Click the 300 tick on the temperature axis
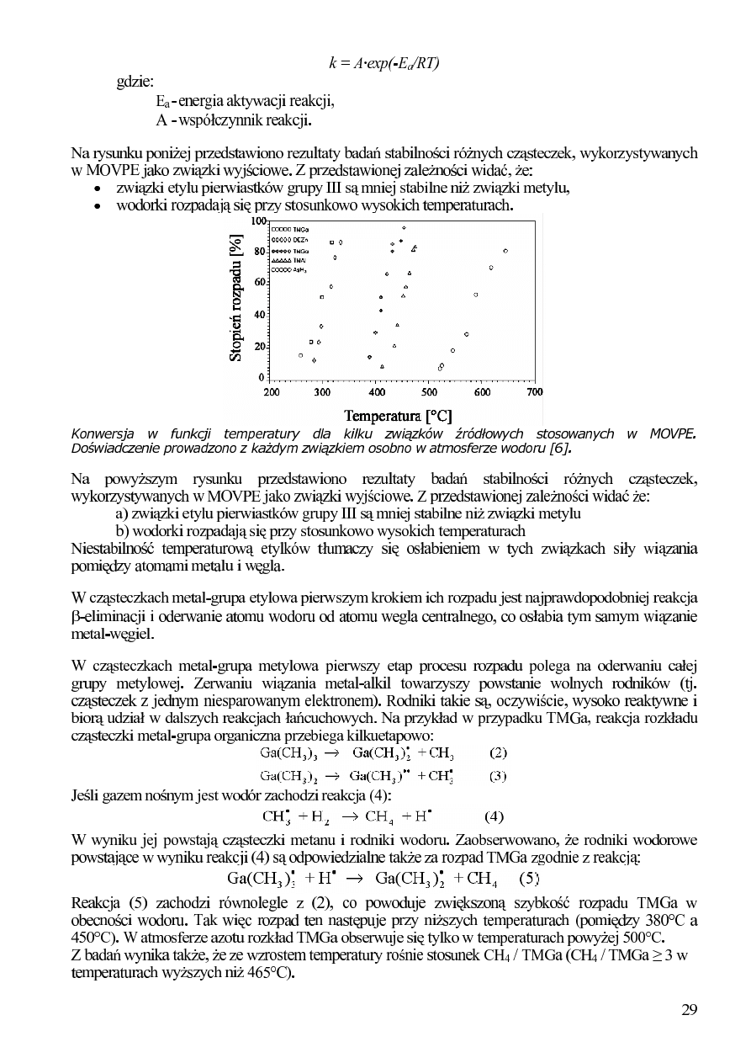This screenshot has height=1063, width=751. [x=322, y=391]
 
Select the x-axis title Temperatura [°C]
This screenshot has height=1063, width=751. [x=399, y=415]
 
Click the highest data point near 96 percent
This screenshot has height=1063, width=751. [x=405, y=228]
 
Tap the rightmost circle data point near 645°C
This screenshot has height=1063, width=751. [x=505, y=251]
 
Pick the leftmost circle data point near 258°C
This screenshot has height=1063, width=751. [x=300, y=355]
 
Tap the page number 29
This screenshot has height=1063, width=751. [x=689, y=1011]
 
